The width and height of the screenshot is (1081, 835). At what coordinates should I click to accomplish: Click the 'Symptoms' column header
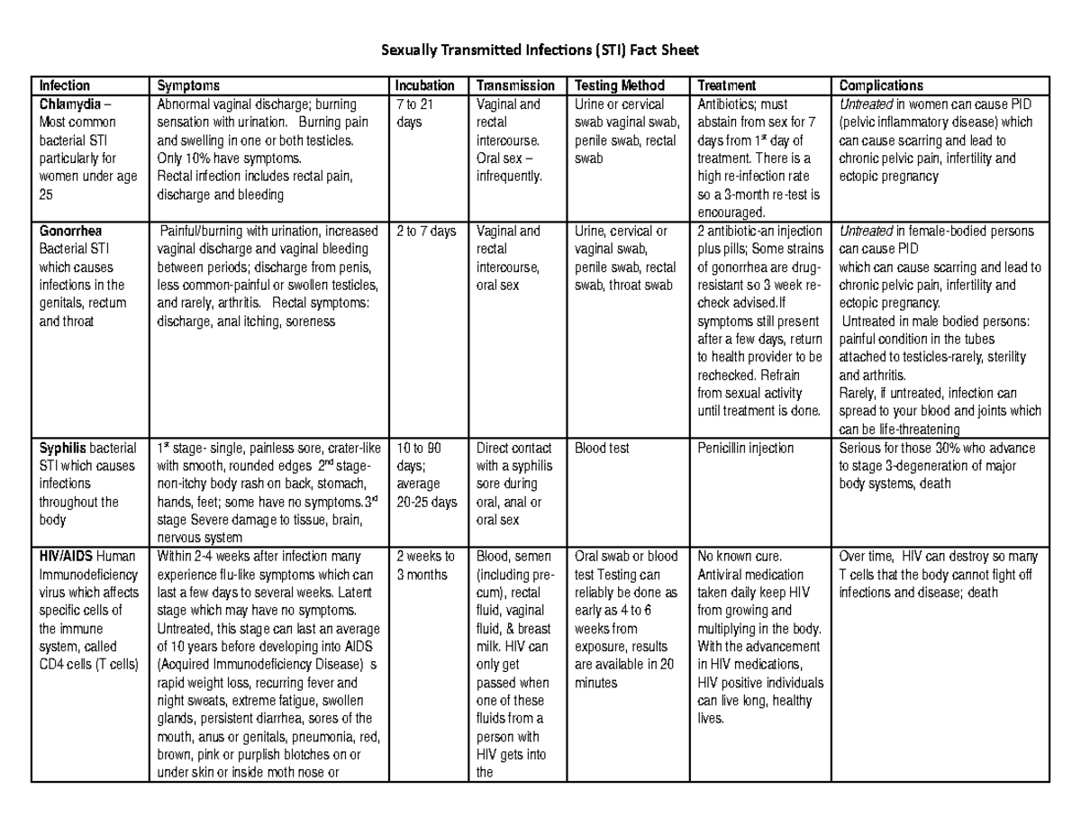pyautogui.click(x=188, y=86)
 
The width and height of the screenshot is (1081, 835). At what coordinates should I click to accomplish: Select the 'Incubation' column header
pyautogui.click(x=425, y=86)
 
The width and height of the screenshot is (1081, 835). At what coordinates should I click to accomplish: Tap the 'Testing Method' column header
pyautogui.click(x=619, y=86)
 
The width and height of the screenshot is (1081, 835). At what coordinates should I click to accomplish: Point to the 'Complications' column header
pyautogui.click(x=880, y=86)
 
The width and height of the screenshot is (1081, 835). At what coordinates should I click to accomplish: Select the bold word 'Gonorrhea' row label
pyautogui.click(x=70, y=231)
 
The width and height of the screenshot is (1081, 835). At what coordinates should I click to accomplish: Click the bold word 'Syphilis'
pyautogui.click(x=61, y=449)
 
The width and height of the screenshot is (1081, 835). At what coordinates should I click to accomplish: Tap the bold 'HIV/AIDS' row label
pyautogui.click(x=65, y=557)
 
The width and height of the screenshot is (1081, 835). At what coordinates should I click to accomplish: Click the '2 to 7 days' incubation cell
pyautogui.click(x=426, y=231)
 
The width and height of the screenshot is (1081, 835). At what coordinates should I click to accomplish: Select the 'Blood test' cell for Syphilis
pyautogui.click(x=601, y=449)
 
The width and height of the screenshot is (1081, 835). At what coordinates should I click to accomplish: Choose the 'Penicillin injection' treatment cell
pyautogui.click(x=745, y=449)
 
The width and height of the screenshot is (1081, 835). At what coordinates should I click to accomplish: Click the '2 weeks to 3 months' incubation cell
pyautogui.click(x=425, y=566)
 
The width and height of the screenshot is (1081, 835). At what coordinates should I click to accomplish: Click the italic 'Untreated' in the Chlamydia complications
pyautogui.click(x=865, y=104)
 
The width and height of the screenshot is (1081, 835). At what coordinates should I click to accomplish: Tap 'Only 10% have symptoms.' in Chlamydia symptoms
pyautogui.click(x=223, y=159)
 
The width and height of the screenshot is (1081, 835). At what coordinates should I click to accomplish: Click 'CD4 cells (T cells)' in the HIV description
pyautogui.click(x=88, y=665)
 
